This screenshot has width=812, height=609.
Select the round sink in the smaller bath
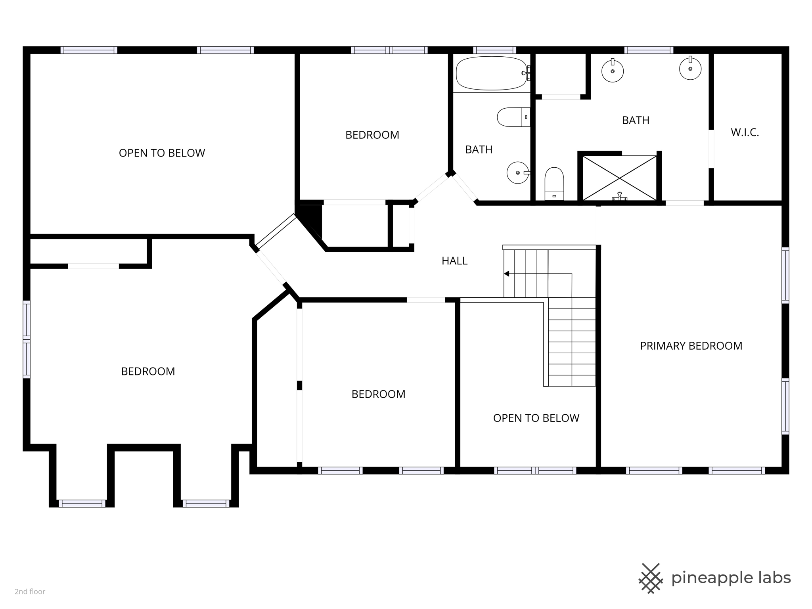pos(517,173)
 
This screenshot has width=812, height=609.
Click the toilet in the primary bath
pos(554,183)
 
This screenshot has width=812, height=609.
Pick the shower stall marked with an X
pos(619,178)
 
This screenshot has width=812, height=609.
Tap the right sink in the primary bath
pos(690,69)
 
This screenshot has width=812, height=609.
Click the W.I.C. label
pos(745,133)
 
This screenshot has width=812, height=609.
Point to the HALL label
pos(454,261)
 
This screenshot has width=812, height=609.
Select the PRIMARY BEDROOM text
pos(691,346)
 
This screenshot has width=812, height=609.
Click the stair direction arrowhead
pos(506,274)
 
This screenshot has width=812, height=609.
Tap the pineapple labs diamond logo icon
pos(650,578)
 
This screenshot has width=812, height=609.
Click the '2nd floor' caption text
pos(30,592)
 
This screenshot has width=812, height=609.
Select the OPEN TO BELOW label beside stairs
pos(536,418)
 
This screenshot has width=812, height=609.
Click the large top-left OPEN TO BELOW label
pos(162,153)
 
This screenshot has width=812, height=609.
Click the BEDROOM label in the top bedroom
pos(372,135)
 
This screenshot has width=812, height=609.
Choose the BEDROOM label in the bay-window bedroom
pos(148,372)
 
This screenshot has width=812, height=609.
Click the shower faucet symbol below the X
pos(619,197)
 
